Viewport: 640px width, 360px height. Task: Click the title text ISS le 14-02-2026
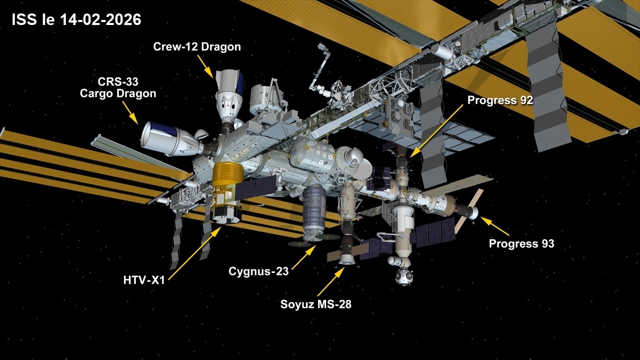coord(76,20)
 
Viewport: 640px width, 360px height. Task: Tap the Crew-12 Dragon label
coord(197,46)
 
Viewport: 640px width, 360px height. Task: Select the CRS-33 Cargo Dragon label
coord(118,87)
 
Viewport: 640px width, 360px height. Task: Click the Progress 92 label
coord(500,100)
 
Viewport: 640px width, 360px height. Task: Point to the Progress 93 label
coord(521,243)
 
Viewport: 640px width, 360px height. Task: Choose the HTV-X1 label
coord(144,280)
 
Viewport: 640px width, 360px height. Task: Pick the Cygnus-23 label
coord(258,271)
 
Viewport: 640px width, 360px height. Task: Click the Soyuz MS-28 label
coord(315,304)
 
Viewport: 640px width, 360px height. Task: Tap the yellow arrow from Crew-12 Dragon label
coord(205,67)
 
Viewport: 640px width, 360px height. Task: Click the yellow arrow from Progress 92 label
coord(436,131)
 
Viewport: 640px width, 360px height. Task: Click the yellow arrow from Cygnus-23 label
coord(303,257)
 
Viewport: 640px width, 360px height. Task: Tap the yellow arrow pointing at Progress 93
coord(494,226)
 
